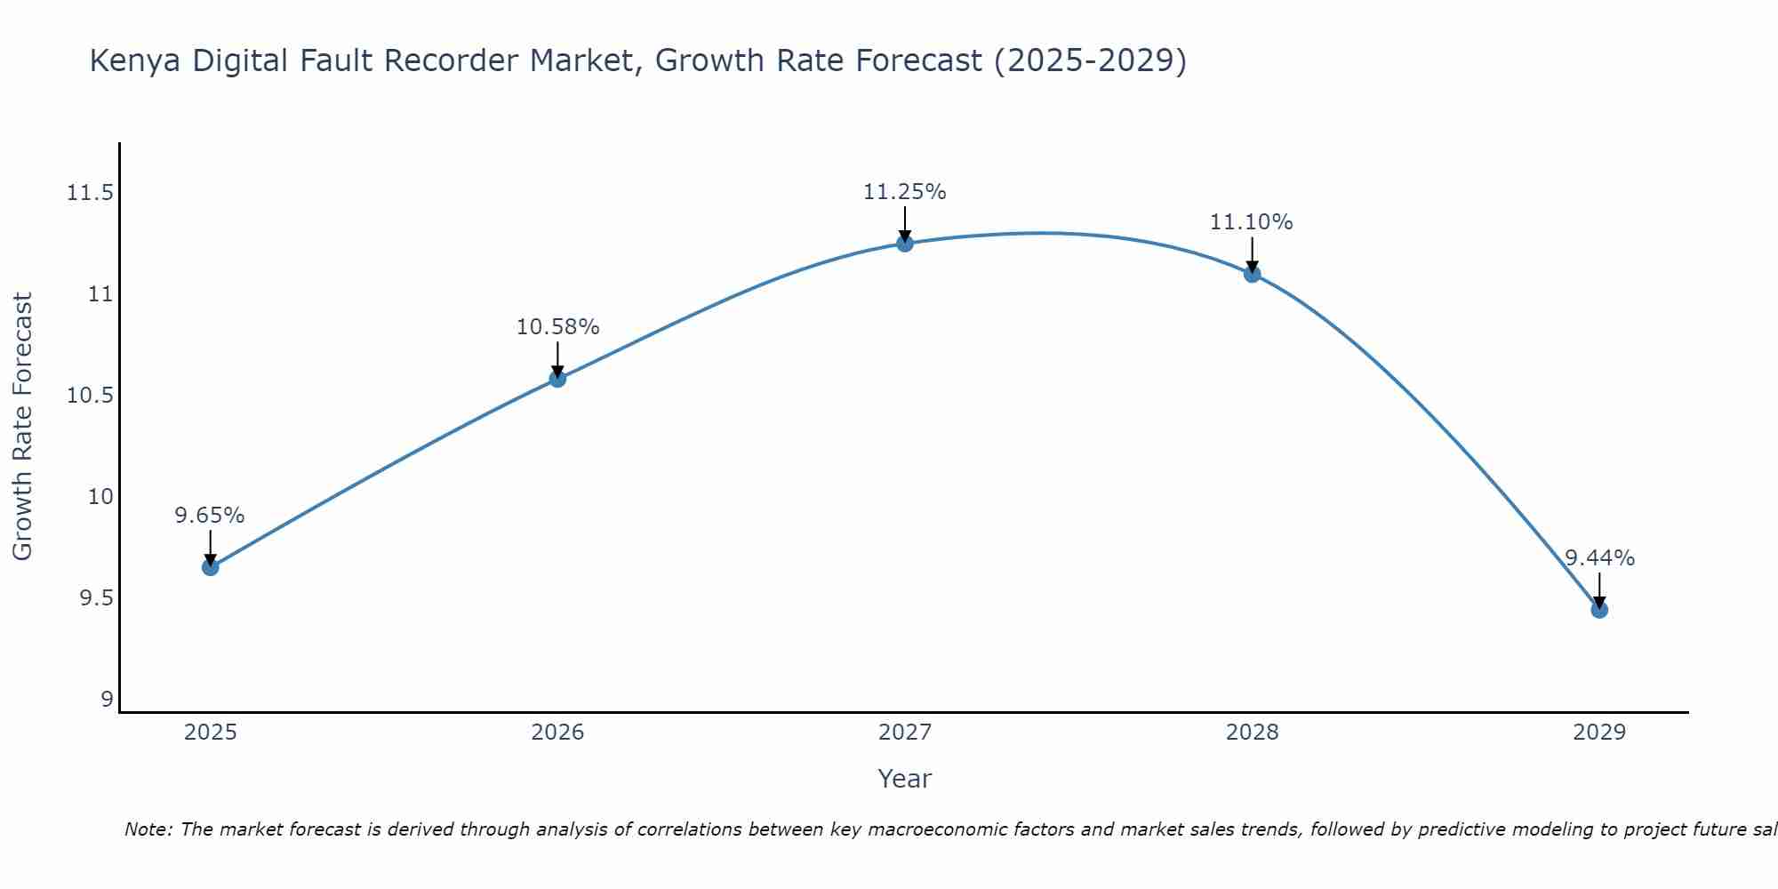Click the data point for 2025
[210, 567]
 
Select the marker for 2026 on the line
[557, 379]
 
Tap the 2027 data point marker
[905, 244]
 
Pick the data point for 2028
[1252, 274]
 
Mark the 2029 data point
[1599, 610]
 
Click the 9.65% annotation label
[210, 516]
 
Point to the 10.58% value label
[557, 327]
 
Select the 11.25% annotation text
[905, 192]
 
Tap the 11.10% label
[1252, 222]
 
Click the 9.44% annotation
[1599, 558]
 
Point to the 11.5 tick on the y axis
[91, 193]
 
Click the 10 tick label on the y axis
[101, 497]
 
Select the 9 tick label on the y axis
[108, 700]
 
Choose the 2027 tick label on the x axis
[905, 733]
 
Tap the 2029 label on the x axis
[1599, 733]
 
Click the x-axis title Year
[905, 779]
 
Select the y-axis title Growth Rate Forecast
[23, 427]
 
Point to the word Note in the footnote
[148, 829]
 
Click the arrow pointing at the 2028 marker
[1252, 253]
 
